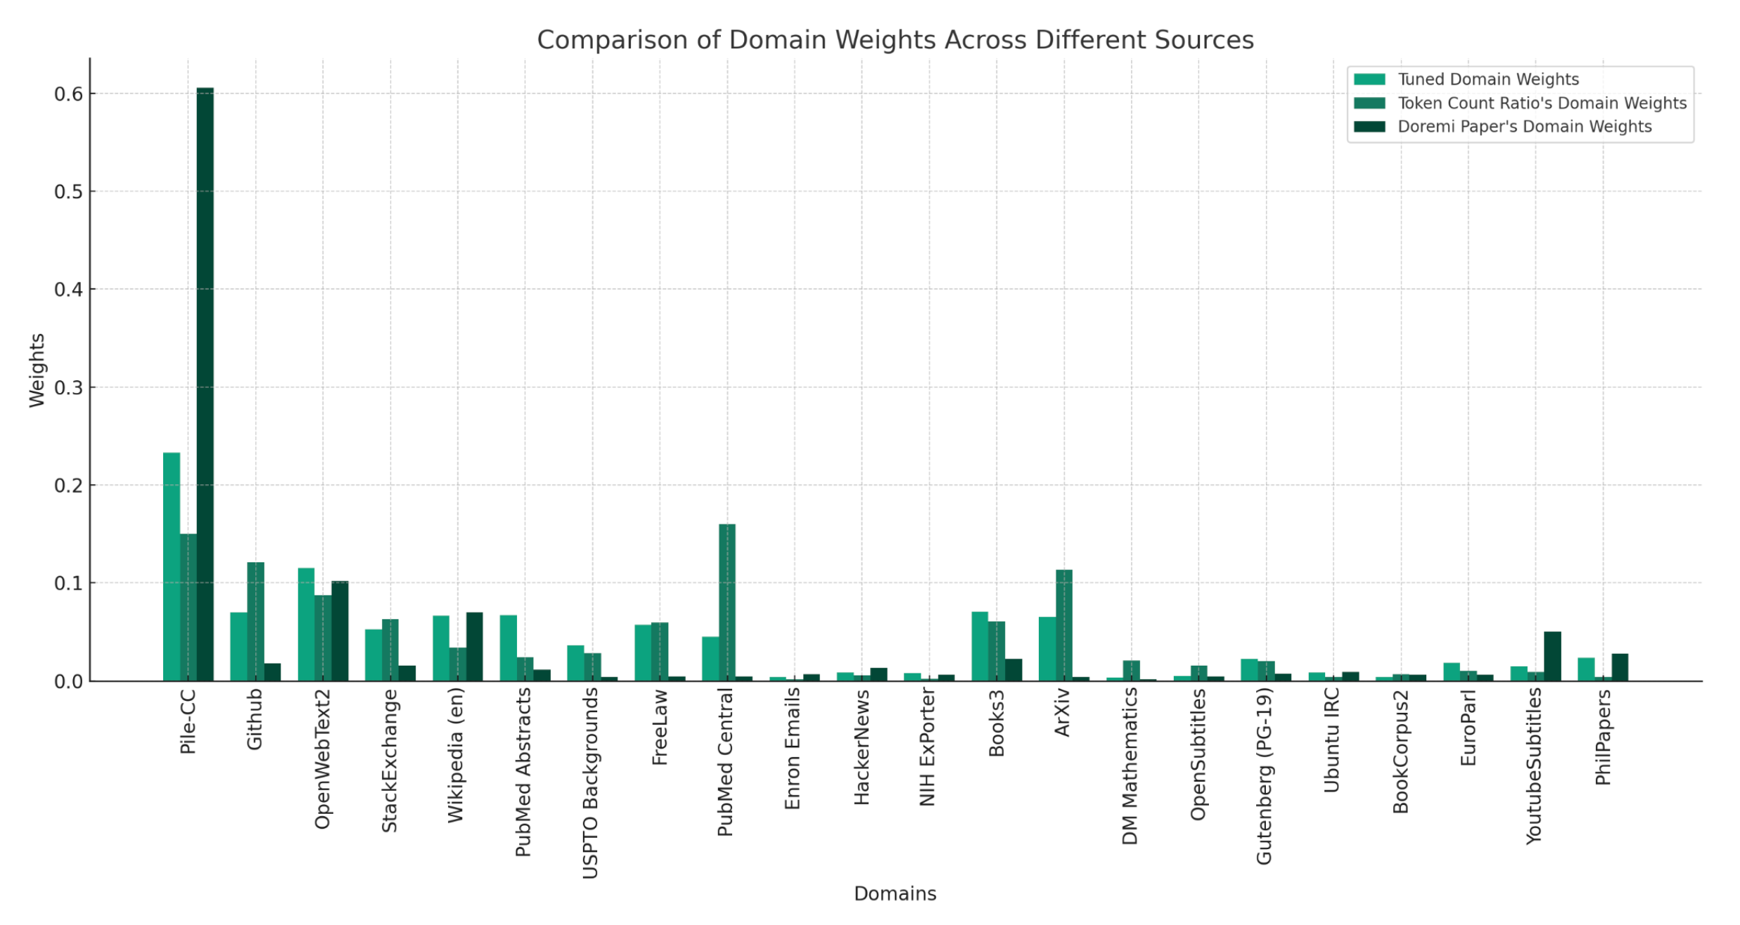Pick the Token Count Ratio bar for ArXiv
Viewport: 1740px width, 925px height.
click(x=1063, y=625)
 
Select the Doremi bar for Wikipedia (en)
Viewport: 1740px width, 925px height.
click(x=474, y=646)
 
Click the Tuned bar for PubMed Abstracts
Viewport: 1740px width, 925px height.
click(x=508, y=647)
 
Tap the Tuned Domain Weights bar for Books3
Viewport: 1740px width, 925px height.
click(x=979, y=646)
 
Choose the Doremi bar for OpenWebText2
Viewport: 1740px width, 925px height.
click(x=340, y=630)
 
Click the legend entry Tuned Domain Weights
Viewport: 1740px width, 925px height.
click(x=1487, y=79)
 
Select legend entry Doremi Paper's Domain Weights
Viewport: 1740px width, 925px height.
click(x=1523, y=127)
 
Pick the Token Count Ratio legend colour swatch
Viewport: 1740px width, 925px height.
click(x=1369, y=103)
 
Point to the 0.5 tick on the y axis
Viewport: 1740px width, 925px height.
click(x=68, y=192)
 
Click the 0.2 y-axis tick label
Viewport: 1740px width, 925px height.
click(x=68, y=486)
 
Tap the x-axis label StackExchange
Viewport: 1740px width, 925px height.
click(x=389, y=761)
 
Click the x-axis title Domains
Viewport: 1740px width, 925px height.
click(x=894, y=893)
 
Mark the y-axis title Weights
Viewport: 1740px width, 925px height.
click(x=37, y=370)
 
